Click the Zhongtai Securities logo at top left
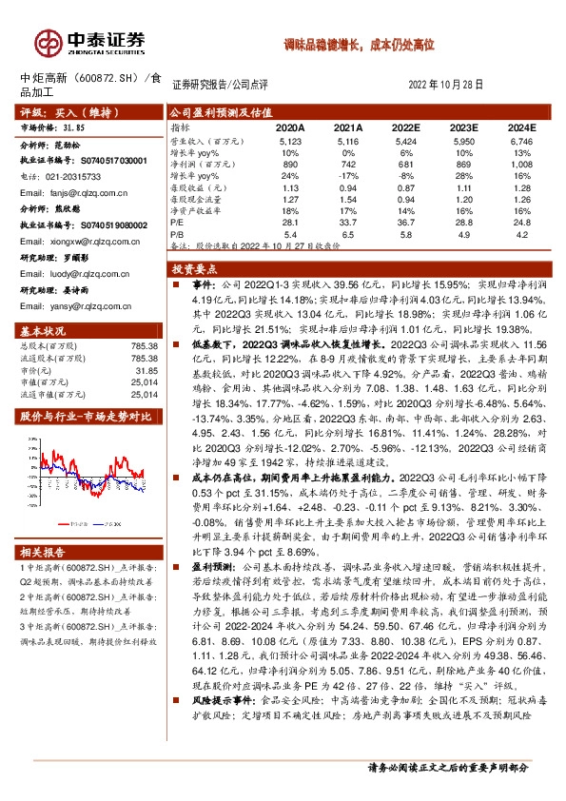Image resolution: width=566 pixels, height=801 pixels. point(90,41)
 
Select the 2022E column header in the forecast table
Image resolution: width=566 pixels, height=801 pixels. point(406,127)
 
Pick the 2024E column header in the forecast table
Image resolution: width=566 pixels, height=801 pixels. point(522,127)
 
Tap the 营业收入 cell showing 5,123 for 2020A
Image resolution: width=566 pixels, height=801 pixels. point(290,140)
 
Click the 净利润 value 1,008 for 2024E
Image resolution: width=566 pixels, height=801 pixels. point(522,164)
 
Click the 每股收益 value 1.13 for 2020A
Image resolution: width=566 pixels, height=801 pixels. point(290,187)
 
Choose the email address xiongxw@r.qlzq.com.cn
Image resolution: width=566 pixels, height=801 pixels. point(80,242)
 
